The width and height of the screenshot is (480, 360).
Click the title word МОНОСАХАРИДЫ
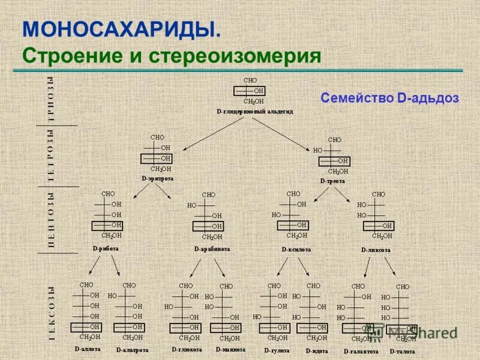[x=121, y=28]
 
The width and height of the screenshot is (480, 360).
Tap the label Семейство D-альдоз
[x=389, y=98]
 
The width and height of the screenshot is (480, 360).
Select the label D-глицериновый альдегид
[x=254, y=112]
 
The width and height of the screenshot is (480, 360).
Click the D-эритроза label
[x=157, y=178]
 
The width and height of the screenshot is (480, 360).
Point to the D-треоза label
[x=332, y=180]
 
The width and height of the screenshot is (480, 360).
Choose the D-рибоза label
[x=106, y=248]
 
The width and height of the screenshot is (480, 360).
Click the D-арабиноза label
[x=212, y=248]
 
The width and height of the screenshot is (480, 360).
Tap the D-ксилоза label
[x=296, y=249]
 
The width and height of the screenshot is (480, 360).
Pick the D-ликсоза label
[x=376, y=250]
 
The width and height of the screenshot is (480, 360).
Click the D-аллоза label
[x=88, y=349]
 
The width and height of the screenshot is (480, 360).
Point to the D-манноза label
[x=227, y=349]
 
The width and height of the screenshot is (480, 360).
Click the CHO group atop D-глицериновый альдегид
[x=250, y=80]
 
